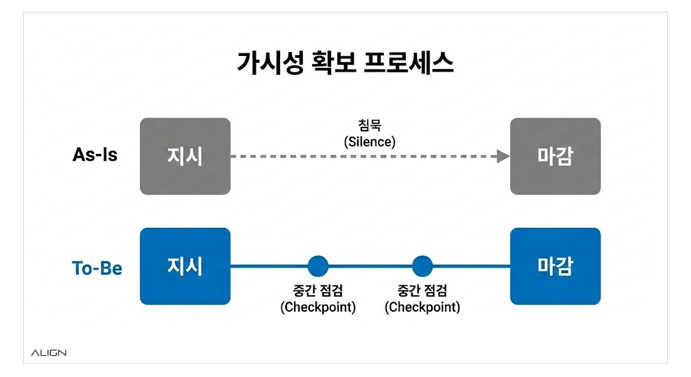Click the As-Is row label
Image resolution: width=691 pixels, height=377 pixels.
[95, 155]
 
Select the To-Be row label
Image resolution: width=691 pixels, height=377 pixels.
[97, 268]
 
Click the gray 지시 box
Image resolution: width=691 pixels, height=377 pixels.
[185, 156]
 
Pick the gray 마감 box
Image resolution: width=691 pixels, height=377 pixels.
[555, 156]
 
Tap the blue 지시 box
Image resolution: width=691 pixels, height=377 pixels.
[185, 266]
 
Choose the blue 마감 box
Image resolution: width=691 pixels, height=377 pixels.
[555, 266]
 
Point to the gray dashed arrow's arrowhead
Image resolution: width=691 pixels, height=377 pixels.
[503, 156]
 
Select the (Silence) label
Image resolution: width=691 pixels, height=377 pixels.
[370, 142]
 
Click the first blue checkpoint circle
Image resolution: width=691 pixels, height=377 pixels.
[318, 266]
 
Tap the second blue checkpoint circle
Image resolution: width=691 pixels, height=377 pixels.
[422, 266]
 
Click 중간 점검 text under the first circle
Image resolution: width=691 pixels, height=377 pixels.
[318, 291]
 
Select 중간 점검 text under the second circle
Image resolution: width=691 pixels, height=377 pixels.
[422, 291]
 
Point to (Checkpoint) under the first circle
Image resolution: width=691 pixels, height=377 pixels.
[318, 307]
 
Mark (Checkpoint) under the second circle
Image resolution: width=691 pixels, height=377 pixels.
[422, 307]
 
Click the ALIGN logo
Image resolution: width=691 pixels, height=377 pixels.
[48, 353]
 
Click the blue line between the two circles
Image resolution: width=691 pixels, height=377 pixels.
[370, 266]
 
